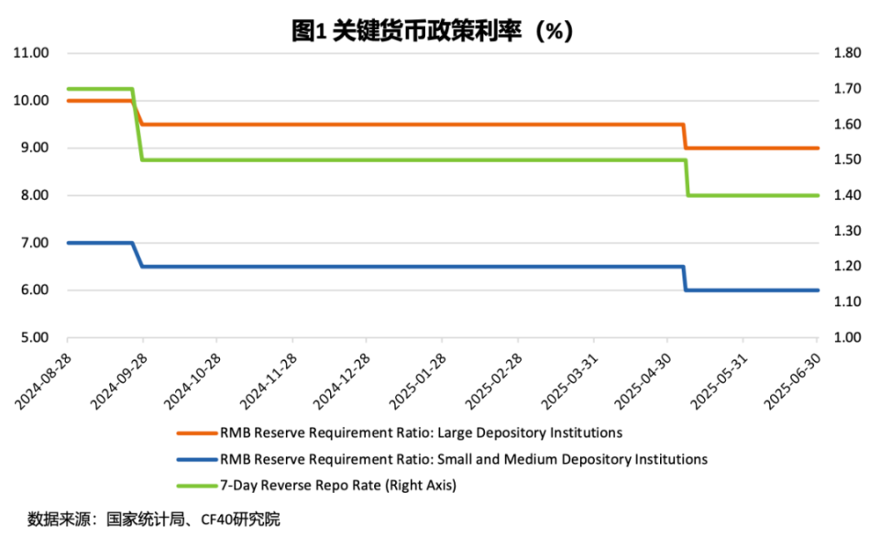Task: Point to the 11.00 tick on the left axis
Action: pyautogui.click(x=31, y=53)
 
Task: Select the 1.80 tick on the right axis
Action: pyautogui.click(x=848, y=53)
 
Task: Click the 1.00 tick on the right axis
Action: pyautogui.click(x=848, y=338)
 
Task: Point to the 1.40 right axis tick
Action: pyautogui.click(x=848, y=195)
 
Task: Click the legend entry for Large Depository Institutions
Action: pyautogui.click(x=421, y=433)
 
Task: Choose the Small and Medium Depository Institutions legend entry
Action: pyautogui.click(x=463, y=459)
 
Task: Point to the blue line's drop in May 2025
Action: pyautogui.click(x=686, y=279)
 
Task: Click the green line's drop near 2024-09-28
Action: pyautogui.click(x=137, y=125)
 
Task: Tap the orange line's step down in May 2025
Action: pyautogui.click(x=686, y=136)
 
